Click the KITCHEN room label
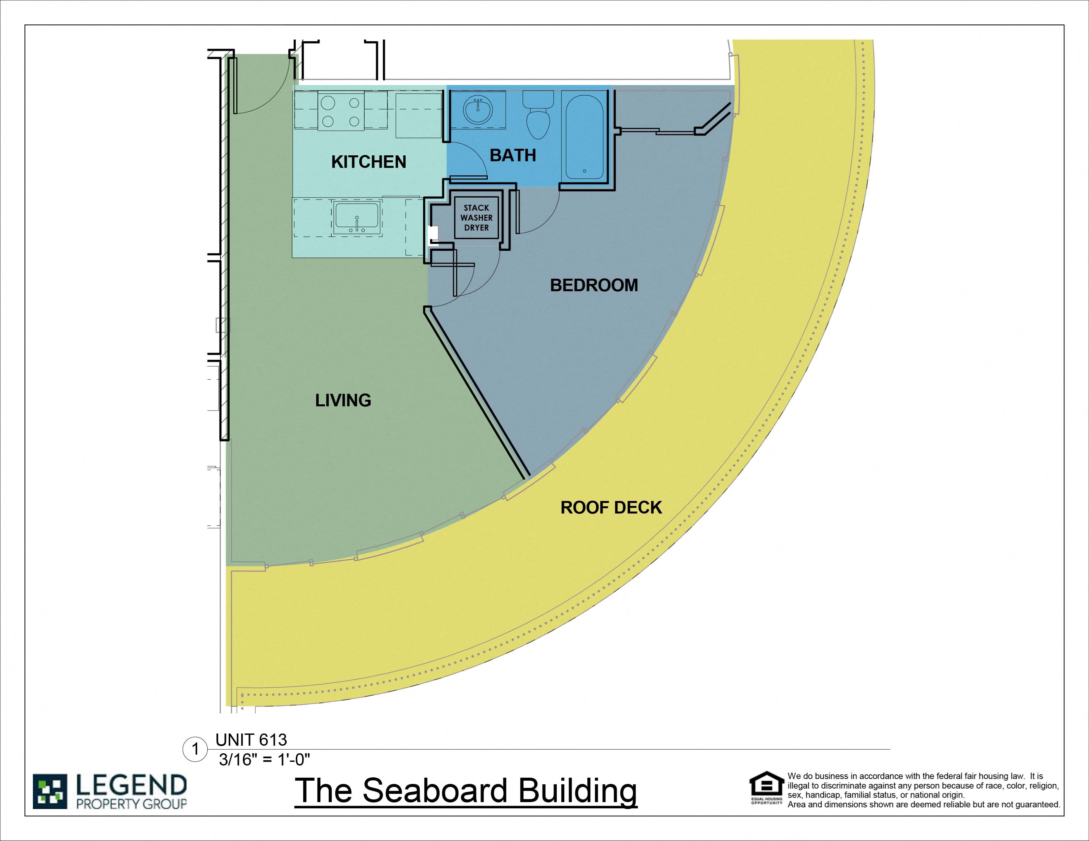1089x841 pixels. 369,162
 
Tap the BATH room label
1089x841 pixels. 512,155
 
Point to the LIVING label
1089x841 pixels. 343,400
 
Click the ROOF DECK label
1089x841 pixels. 611,507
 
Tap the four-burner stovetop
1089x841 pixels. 341,112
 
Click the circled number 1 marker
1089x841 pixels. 195,749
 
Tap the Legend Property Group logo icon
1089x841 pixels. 50,791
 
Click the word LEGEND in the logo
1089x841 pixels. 131,786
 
